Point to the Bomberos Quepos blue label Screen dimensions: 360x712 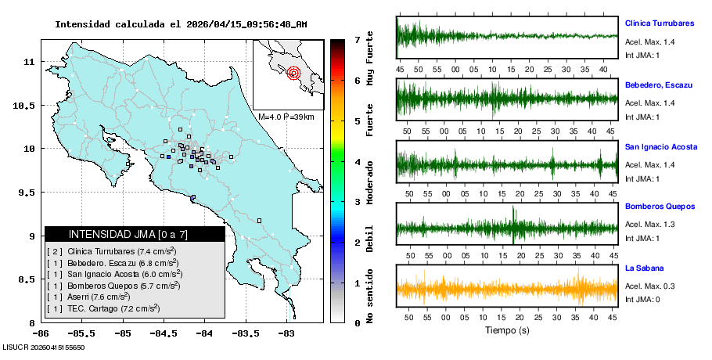click(x=660, y=207)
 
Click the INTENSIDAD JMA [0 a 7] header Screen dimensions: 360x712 click(x=134, y=234)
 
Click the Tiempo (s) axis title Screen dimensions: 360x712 click(x=507, y=330)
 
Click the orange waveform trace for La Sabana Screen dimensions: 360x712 click(x=507, y=290)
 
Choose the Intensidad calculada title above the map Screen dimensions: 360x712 click(x=181, y=24)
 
